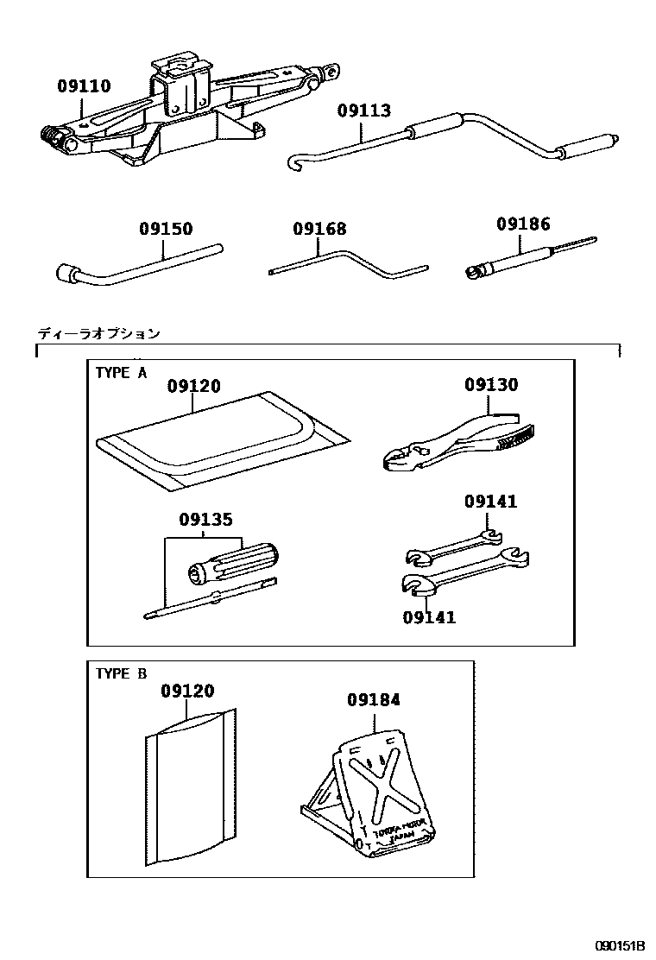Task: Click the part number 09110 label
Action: (85, 86)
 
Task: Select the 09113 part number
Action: (363, 111)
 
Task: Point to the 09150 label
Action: (167, 230)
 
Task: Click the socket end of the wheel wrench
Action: (66, 274)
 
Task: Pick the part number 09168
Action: (319, 230)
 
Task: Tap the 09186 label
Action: (522, 224)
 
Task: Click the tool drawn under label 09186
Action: (518, 259)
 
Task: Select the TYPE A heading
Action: (121, 373)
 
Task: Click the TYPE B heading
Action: (121, 673)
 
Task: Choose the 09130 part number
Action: (491, 385)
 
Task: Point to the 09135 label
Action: (206, 520)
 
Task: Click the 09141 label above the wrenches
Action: (491, 502)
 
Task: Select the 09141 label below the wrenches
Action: (429, 616)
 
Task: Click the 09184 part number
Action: (374, 700)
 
